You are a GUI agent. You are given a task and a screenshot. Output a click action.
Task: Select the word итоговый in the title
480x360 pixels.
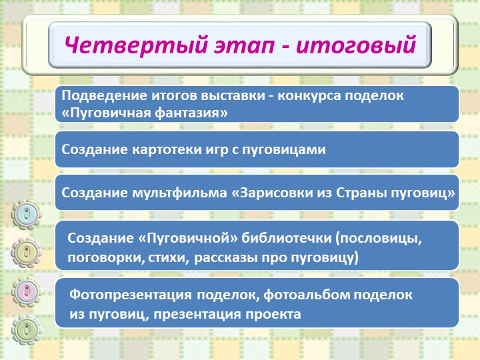tap(356, 45)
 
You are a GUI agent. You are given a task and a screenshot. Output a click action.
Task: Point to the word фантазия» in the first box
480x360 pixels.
tap(191, 113)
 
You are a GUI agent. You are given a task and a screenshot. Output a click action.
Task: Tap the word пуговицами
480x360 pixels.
tap(284, 150)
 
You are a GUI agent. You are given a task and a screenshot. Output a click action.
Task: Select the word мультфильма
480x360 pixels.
tap(179, 193)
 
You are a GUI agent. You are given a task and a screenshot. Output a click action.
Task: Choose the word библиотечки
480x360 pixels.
tap(287, 238)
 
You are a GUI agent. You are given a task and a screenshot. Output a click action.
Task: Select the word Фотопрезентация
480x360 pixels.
tap(131, 295)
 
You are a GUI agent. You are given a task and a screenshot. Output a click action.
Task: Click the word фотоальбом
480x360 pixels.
tap(307, 295)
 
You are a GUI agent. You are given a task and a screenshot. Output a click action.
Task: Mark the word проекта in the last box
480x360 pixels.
tap(274, 315)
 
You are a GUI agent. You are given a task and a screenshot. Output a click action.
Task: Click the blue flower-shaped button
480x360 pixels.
tap(26, 214)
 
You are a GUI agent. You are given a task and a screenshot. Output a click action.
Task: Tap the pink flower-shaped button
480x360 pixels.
tap(26, 292)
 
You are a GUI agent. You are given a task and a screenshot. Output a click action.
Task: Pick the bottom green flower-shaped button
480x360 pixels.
tap(26, 330)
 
